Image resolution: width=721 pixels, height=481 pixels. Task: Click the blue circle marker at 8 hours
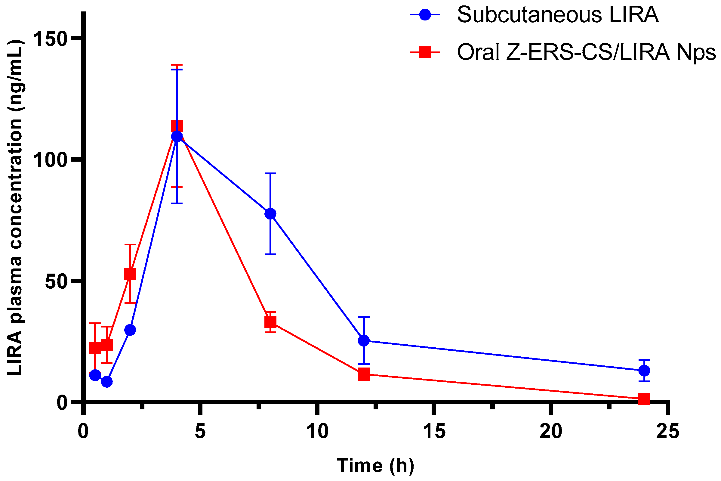point(270,213)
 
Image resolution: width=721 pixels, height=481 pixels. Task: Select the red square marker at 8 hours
point(270,322)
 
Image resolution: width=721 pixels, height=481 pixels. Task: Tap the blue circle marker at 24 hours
point(644,371)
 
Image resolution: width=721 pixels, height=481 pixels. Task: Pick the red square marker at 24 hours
point(644,399)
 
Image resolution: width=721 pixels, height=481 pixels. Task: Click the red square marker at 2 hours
point(130,274)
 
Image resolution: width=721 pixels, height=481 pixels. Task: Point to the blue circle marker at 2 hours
point(130,330)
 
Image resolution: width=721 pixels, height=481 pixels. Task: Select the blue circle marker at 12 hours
point(364,340)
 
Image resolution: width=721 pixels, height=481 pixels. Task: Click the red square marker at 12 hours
point(364,374)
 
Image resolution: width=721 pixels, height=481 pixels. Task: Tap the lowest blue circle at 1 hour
point(106,382)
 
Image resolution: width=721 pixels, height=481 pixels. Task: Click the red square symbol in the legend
point(425,52)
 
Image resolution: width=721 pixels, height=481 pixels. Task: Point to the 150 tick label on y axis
point(51,39)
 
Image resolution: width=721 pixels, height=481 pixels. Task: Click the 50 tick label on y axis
point(57,281)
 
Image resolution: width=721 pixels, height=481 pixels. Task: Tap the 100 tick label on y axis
point(51,160)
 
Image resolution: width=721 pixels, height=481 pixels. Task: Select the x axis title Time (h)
point(375,465)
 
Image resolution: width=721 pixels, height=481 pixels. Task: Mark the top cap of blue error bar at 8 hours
point(270,173)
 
